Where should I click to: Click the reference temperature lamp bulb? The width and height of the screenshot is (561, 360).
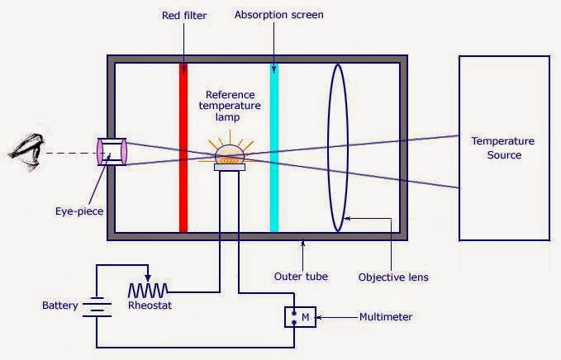pyautogui.click(x=228, y=154)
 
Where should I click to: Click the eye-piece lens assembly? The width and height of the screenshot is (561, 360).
pyautogui.click(x=112, y=152)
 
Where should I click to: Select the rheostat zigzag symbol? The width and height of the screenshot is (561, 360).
pyautogui.click(x=149, y=290)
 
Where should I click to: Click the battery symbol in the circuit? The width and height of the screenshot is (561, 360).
pyautogui.click(x=97, y=306)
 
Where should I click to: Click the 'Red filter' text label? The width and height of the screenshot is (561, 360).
pyautogui.click(x=183, y=15)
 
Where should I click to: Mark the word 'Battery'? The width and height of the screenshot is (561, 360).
pyautogui.click(x=60, y=306)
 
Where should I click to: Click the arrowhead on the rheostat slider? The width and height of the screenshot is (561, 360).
pyautogui.click(x=148, y=279)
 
